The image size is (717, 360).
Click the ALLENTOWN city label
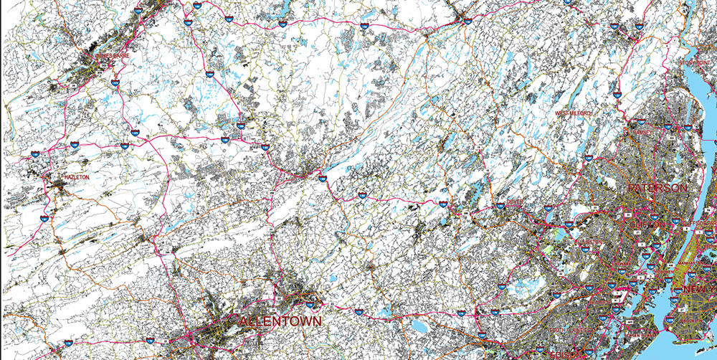[280, 321]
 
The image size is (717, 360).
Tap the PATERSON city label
[657, 188]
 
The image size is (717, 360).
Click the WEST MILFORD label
[574, 113]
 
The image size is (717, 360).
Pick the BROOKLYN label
[699, 316]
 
